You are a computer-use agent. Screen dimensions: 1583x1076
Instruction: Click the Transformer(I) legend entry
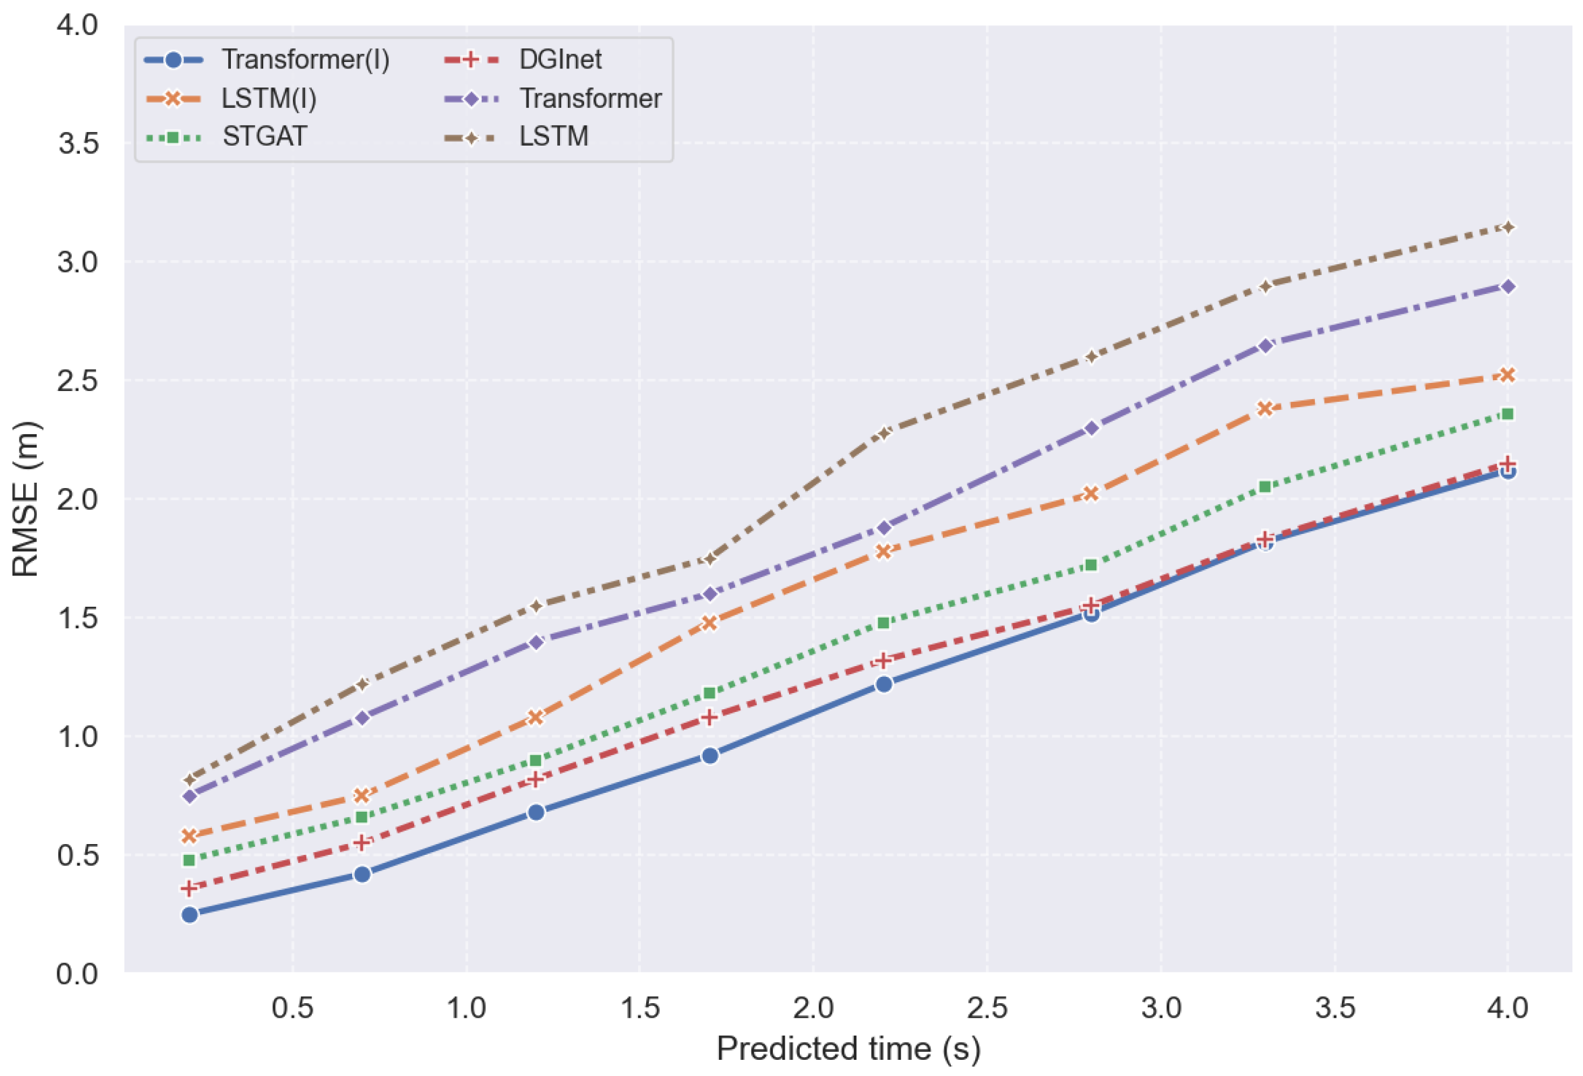[x=266, y=60]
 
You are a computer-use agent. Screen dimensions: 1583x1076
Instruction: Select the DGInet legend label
[x=560, y=60]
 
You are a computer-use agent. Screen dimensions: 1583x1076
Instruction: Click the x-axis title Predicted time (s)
[x=849, y=1048]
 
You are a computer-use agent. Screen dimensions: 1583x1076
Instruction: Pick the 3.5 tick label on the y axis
[x=78, y=143]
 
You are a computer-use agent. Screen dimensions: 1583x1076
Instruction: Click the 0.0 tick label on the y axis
[x=78, y=974]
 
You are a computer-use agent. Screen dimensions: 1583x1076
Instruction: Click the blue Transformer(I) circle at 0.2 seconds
[x=189, y=915]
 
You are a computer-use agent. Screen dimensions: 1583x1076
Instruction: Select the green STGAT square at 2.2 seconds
[x=883, y=622]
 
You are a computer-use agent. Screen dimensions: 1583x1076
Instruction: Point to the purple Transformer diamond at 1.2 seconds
[x=536, y=641]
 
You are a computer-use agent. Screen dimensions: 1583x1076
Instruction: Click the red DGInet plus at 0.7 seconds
[x=362, y=842]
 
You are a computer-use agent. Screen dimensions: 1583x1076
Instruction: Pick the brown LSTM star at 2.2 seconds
[x=883, y=433]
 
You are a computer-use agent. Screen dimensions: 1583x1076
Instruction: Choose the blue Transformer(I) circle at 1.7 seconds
[x=710, y=755]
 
